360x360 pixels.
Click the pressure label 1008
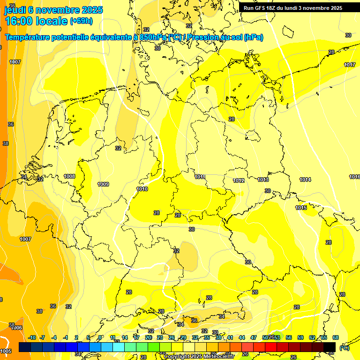click(69, 176)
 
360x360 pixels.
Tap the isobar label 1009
click(103, 184)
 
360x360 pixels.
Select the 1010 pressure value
click(142, 189)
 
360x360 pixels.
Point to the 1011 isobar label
click(200, 177)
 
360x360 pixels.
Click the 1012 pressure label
click(239, 180)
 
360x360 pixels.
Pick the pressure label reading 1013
click(263, 180)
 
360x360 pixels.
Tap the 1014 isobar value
click(305, 180)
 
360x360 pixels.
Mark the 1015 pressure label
click(301, 208)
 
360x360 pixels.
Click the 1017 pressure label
click(350, 65)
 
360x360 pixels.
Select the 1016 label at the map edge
click(354, 177)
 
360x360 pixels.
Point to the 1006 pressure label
click(16, 328)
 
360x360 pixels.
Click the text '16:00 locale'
click(36, 21)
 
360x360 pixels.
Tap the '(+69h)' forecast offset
click(82, 21)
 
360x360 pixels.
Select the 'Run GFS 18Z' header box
click(292, 8)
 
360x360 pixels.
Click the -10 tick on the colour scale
click(32, 337)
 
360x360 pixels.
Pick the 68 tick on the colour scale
click(336, 337)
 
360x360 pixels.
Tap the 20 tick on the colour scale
click(148, 337)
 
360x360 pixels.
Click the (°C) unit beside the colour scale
click(344, 348)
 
